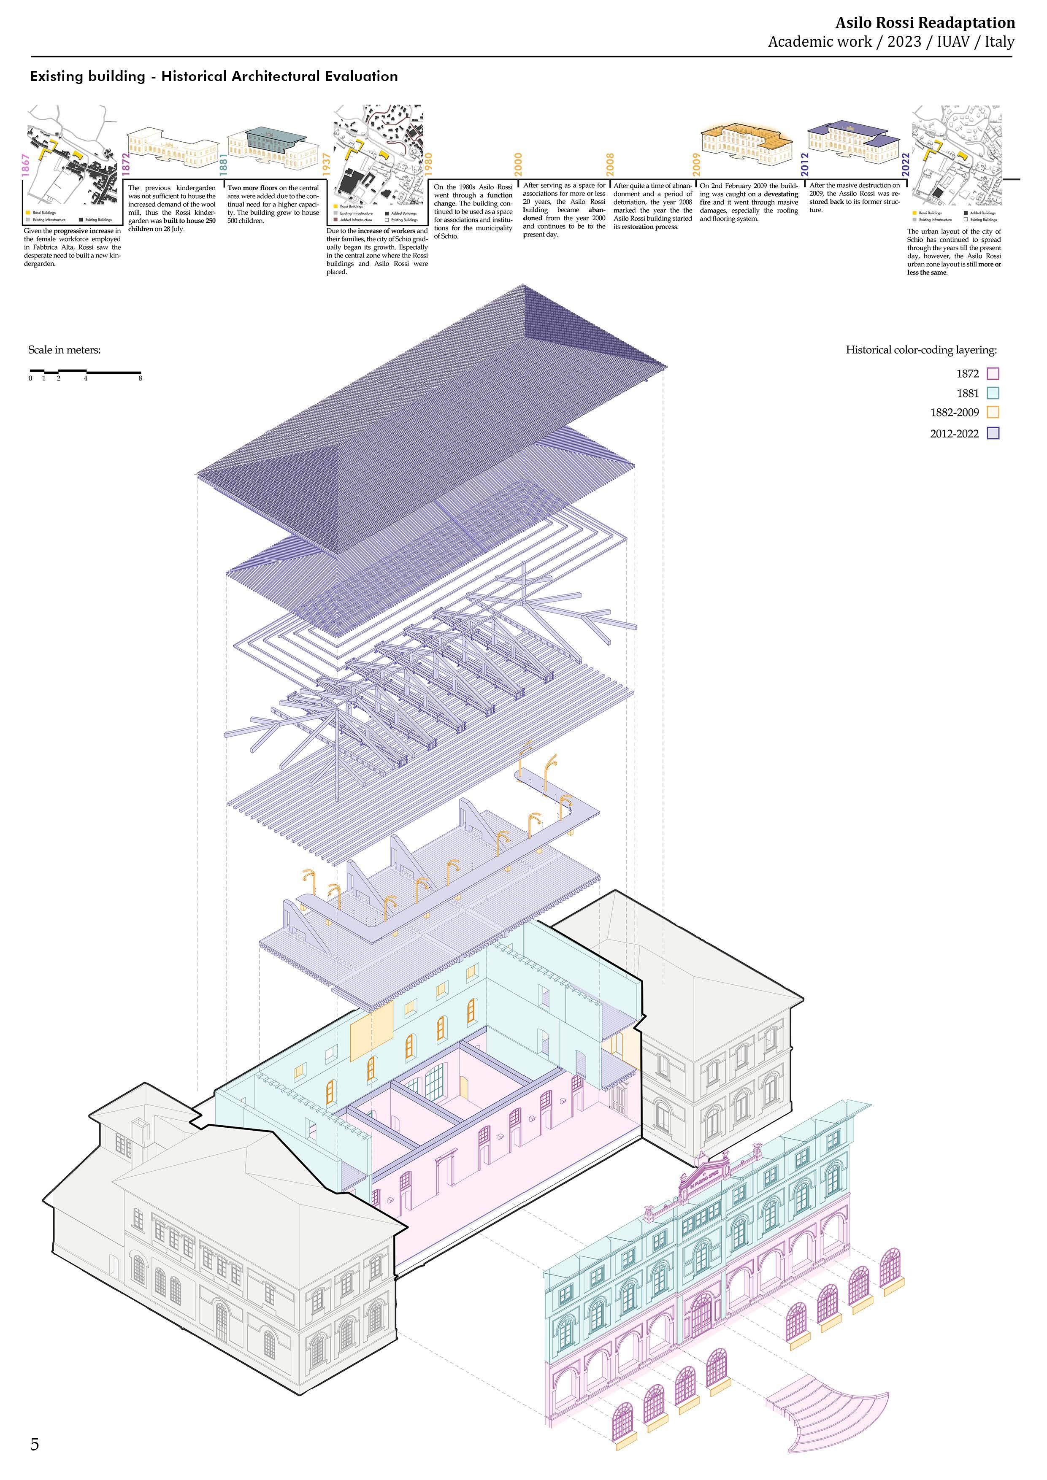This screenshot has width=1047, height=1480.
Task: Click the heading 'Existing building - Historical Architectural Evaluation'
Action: (214, 77)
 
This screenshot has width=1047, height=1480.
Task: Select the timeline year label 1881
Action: (223, 165)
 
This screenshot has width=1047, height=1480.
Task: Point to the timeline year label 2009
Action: (697, 165)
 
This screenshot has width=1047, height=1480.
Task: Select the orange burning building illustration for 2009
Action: (746, 142)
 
